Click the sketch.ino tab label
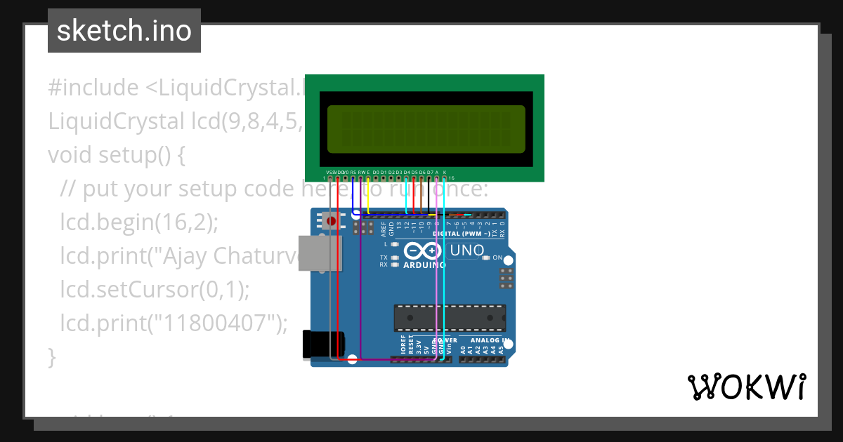(x=124, y=31)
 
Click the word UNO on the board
(x=467, y=250)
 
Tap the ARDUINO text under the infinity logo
(x=424, y=265)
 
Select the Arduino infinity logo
(x=422, y=250)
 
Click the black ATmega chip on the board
(x=450, y=317)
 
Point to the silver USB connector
(x=320, y=253)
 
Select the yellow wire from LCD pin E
(x=369, y=196)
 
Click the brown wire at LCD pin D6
(x=421, y=196)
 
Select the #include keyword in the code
(x=93, y=88)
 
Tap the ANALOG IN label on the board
(x=489, y=341)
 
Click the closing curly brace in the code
(x=51, y=356)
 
